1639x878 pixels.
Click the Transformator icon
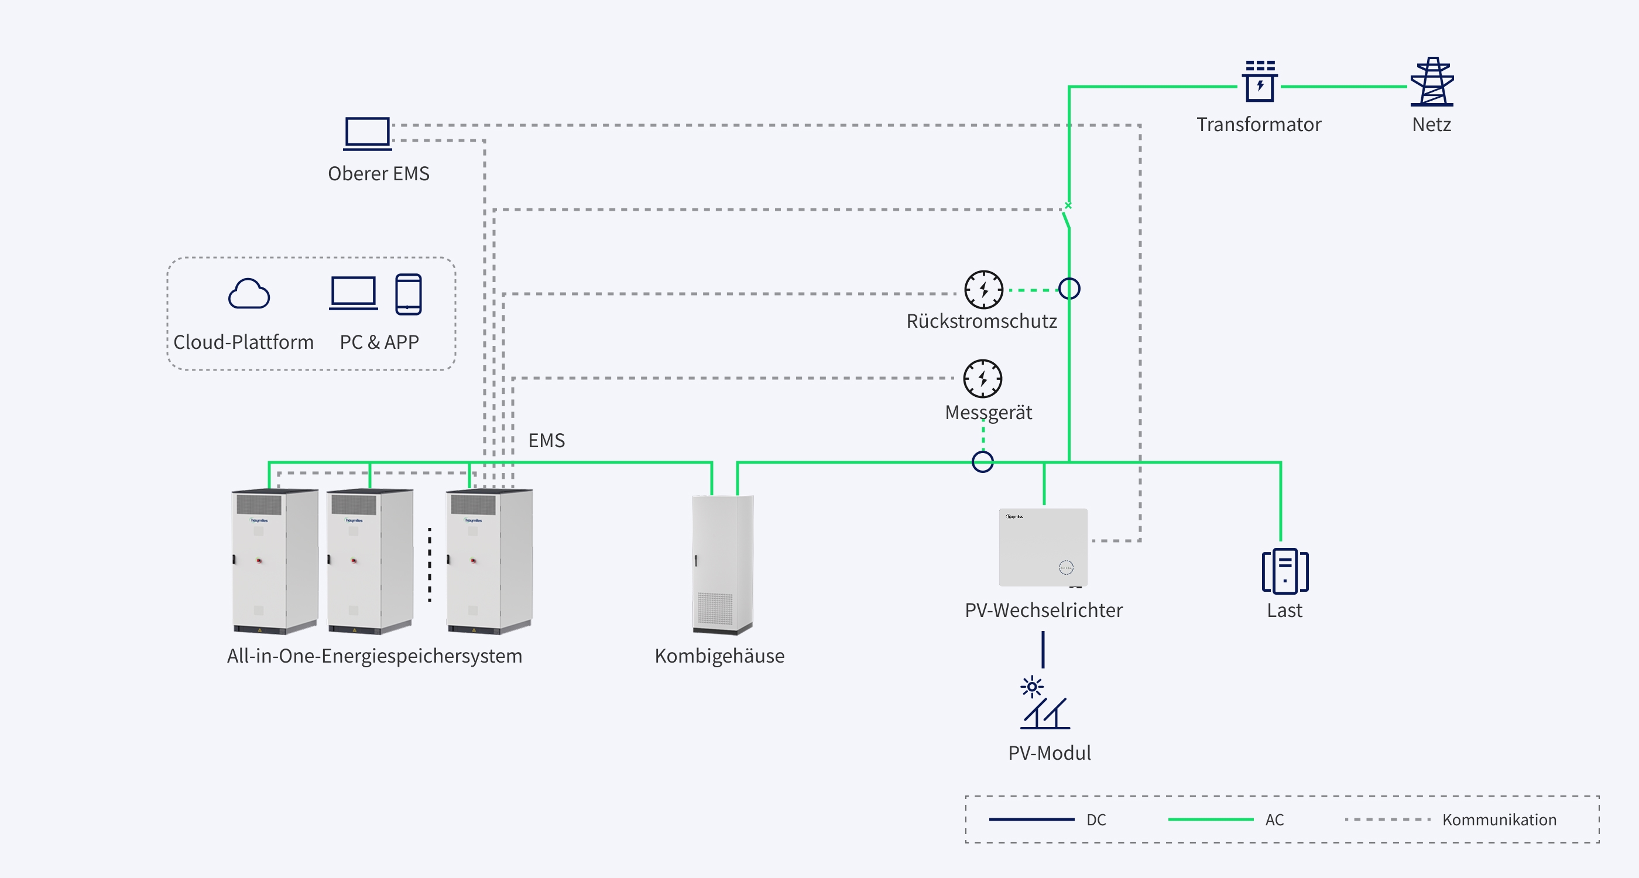pyautogui.click(x=1260, y=81)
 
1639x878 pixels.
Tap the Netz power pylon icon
pyautogui.click(x=1432, y=81)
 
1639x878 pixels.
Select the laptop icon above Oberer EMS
pyautogui.click(x=367, y=133)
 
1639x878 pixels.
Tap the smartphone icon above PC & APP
pyautogui.click(x=409, y=294)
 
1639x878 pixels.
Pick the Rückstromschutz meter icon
pyautogui.click(x=983, y=290)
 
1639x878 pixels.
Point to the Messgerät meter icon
pyautogui.click(x=983, y=379)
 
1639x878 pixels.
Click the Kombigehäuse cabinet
pyautogui.click(x=723, y=564)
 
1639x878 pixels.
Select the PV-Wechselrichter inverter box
pyautogui.click(x=1044, y=547)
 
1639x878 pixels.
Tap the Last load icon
pyautogui.click(x=1285, y=571)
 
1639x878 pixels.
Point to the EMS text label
pyautogui.click(x=547, y=440)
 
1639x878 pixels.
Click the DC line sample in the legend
pyautogui.click(x=1032, y=819)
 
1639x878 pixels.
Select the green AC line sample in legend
pyautogui.click(x=1211, y=819)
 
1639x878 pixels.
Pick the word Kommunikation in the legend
pyautogui.click(x=1500, y=819)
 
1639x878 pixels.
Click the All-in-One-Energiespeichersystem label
pyautogui.click(x=375, y=656)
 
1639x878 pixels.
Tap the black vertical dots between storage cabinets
pyautogui.click(x=430, y=564)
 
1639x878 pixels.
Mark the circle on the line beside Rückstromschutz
pyautogui.click(x=1069, y=289)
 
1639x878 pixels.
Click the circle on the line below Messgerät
pyautogui.click(x=983, y=462)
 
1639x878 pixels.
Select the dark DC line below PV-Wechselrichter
pyautogui.click(x=1043, y=650)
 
